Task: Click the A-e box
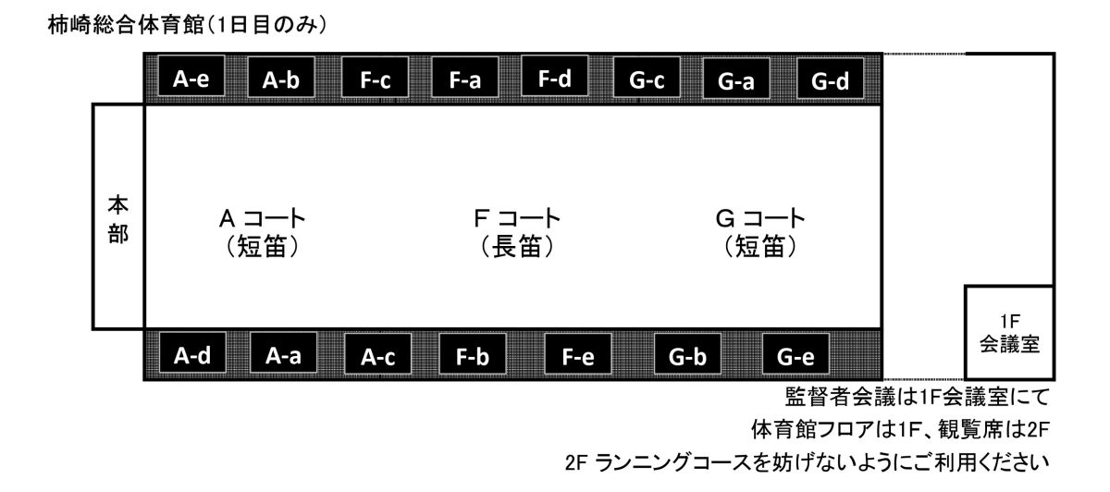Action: pyautogui.click(x=191, y=76)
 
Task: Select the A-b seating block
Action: pyautogui.click(x=281, y=78)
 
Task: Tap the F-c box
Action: pyautogui.click(x=376, y=78)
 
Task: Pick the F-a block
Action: pyautogui.click(x=464, y=78)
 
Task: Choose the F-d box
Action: pyautogui.click(x=554, y=76)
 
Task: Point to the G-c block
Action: pyautogui.click(x=647, y=78)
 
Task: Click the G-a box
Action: pyautogui.click(x=736, y=79)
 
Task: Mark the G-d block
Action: pyautogui.click(x=830, y=79)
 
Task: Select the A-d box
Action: pyautogui.click(x=192, y=352)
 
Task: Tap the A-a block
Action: pyautogui.click(x=283, y=352)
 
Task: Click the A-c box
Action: pyautogui.click(x=377, y=354)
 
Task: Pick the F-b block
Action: pyautogui.click(x=473, y=354)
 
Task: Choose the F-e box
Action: pyautogui.click(x=578, y=354)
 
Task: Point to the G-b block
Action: pyautogui.click(x=687, y=354)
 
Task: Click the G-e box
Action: pyautogui.click(x=795, y=354)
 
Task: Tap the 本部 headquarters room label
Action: pyautogui.click(x=118, y=219)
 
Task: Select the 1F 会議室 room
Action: pyautogui.click(x=1009, y=332)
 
